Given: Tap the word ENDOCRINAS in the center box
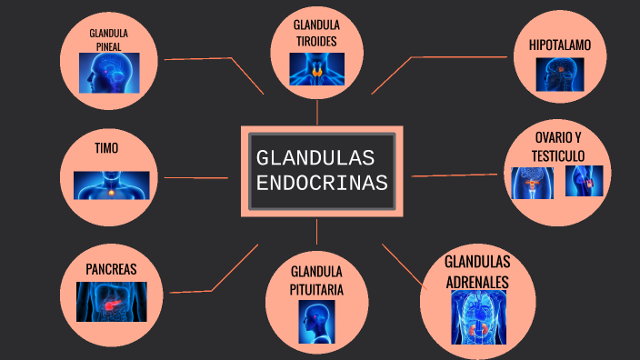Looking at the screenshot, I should [322, 183].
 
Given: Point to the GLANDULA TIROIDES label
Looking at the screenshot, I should [316, 33].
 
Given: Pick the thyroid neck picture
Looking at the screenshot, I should [317, 69].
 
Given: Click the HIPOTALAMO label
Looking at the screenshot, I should [560, 44].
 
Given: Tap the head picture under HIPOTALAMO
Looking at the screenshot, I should [559, 75].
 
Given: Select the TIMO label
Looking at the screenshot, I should [106, 147].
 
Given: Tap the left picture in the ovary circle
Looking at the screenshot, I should [532, 182].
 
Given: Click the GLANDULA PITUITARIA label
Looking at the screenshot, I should [316, 280].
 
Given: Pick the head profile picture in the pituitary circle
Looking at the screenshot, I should [316, 322].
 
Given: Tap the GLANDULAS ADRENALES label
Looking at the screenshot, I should [477, 272].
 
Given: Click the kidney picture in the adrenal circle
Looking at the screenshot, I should [479, 317].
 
